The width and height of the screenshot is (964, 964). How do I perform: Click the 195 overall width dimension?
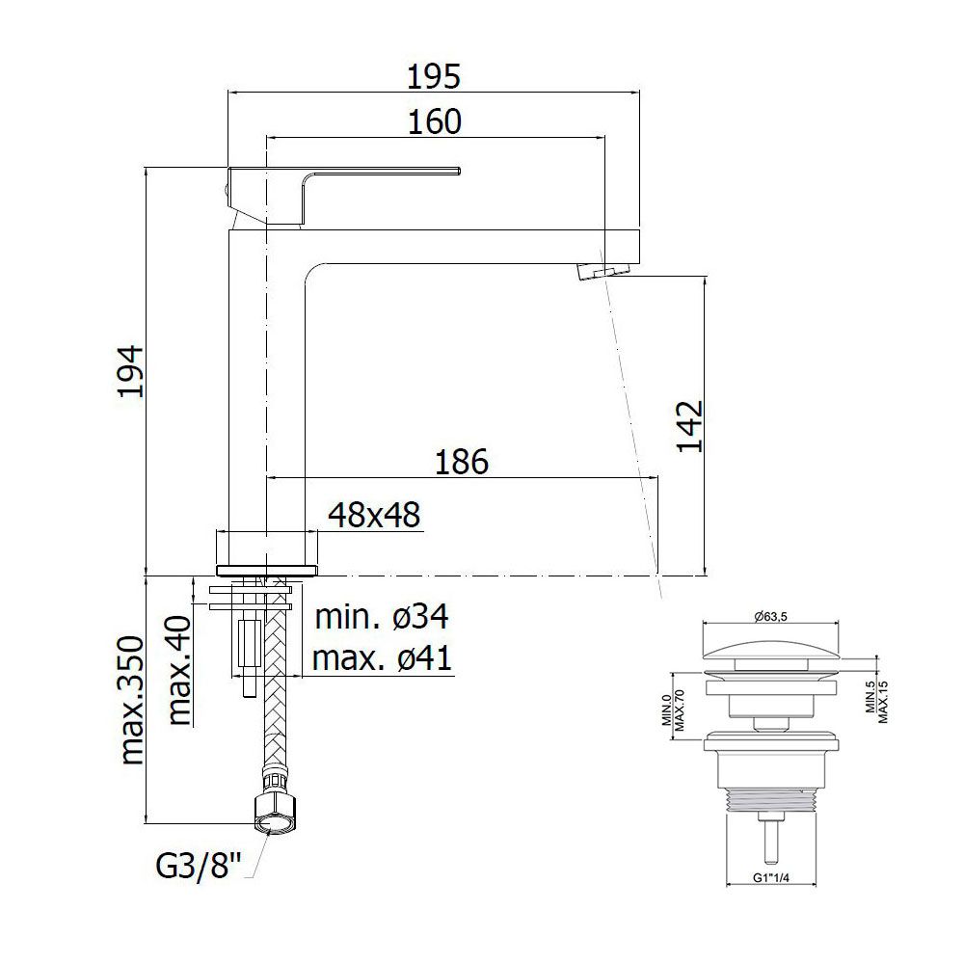[434, 77]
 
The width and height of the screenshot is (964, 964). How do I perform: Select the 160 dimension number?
[434, 121]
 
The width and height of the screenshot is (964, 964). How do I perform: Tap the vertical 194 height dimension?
[131, 371]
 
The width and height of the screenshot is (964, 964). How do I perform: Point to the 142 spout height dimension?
[690, 426]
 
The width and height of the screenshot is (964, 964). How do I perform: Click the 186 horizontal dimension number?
[461, 462]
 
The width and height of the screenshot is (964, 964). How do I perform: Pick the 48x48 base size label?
[374, 515]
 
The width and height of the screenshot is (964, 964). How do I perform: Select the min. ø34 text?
[382, 617]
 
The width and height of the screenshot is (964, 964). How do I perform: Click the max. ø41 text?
[382, 658]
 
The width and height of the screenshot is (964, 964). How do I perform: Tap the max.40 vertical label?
[179, 670]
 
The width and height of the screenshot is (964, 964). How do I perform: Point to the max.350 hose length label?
[132, 700]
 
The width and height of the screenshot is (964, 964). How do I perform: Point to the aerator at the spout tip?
[605, 271]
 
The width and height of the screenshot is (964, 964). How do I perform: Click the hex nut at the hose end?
[271, 816]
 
